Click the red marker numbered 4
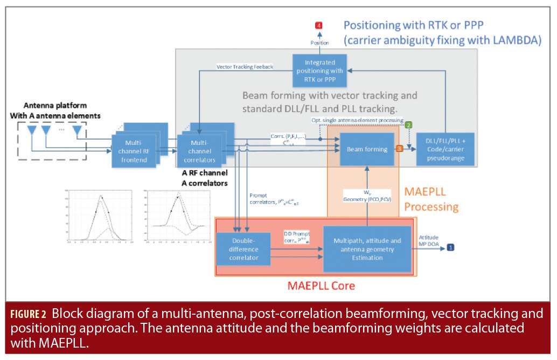(319, 25)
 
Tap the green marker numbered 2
(409, 125)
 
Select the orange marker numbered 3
(399, 148)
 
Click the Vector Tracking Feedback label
(245, 67)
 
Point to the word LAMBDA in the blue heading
(516, 40)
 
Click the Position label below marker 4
(319, 42)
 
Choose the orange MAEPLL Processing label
(431, 199)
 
